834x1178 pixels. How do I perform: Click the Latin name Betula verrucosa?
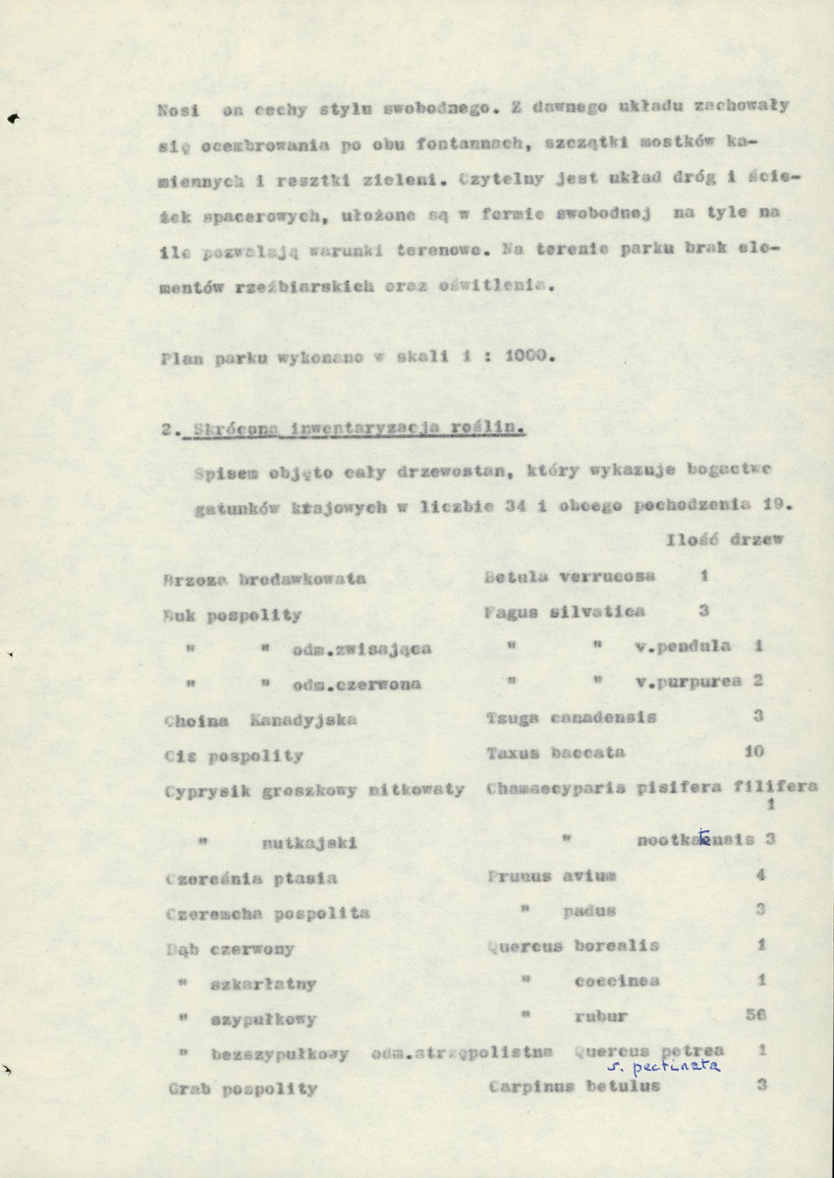571,577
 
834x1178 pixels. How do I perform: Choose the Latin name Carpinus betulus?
574,1087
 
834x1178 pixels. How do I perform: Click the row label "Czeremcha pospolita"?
267,913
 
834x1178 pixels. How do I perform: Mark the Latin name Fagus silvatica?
565,612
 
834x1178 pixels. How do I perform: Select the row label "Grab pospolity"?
242,1089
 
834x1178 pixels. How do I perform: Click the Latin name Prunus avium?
550,875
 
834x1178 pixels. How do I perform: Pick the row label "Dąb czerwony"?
231,949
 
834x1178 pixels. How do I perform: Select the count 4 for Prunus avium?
759,874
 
